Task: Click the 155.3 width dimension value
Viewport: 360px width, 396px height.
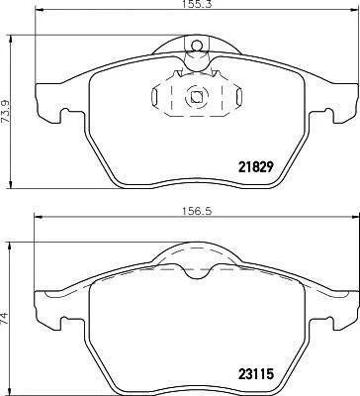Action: pyautogui.click(x=196, y=4)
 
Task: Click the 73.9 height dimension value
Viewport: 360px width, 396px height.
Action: pyautogui.click(x=6, y=112)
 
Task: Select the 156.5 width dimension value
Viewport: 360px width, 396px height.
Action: pyautogui.click(x=197, y=212)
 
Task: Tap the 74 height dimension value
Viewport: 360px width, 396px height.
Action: pyautogui.click(x=5, y=320)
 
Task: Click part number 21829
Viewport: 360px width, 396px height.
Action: pyautogui.click(x=255, y=167)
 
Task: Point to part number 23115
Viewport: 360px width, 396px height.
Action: pyautogui.click(x=255, y=374)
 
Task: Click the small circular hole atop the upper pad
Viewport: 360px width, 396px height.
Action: pyautogui.click(x=197, y=46)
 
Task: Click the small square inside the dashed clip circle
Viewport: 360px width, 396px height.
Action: pyautogui.click(x=197, y=96)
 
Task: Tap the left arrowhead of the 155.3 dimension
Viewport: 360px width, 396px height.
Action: pyautogui.click(x=39, y=11)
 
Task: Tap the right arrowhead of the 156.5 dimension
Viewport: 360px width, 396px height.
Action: pyautogui.click(x=355, y=217)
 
